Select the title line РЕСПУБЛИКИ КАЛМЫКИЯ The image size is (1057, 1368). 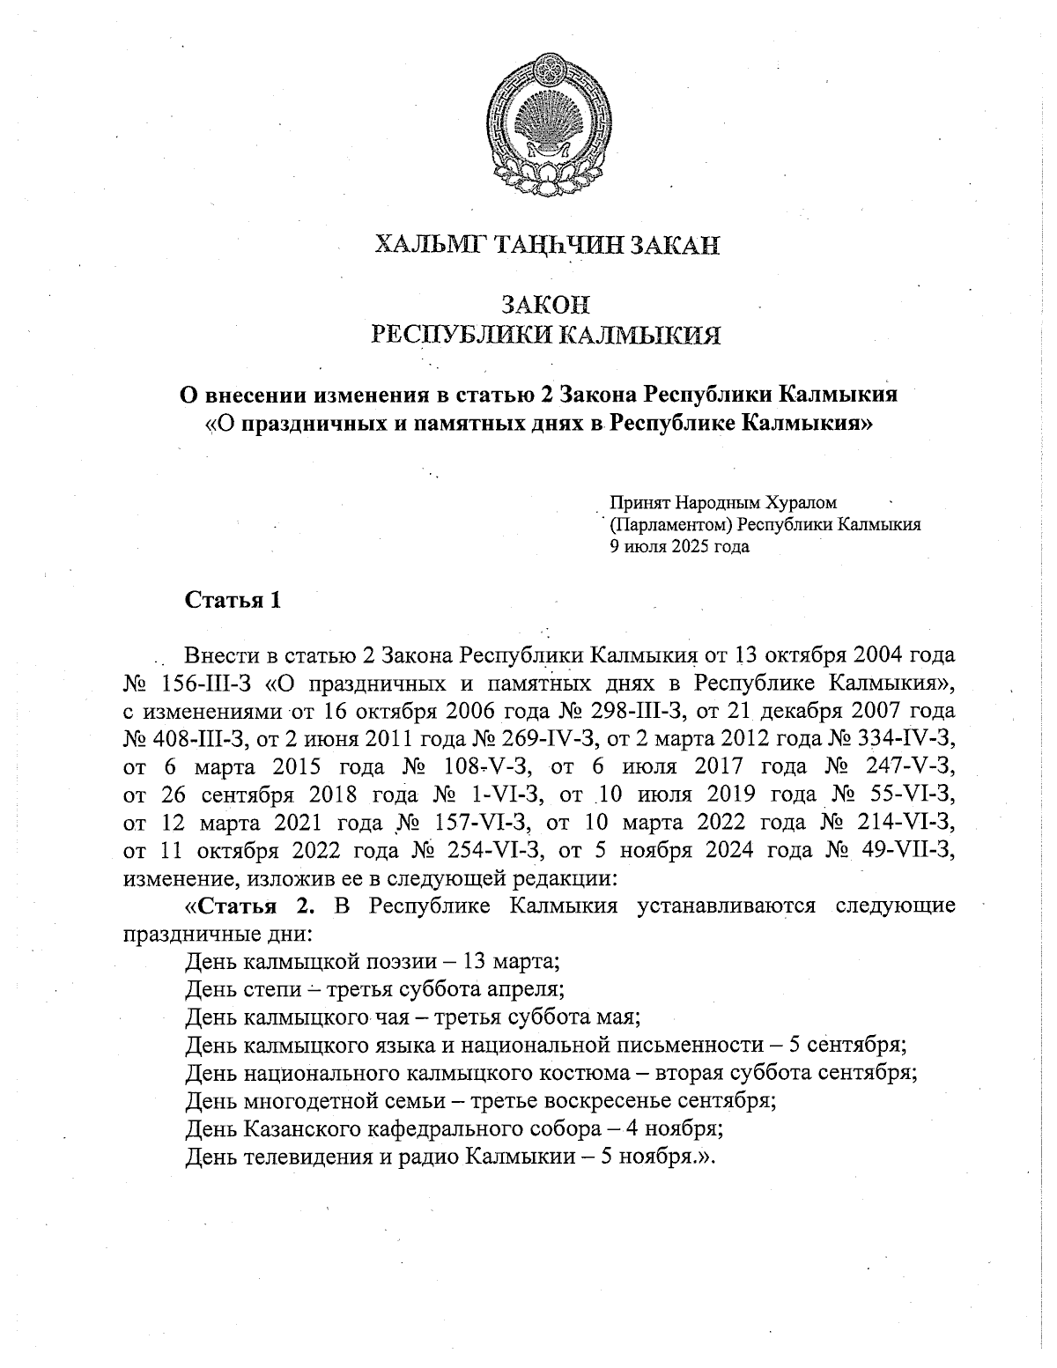547,334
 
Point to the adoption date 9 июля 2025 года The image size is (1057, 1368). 675,546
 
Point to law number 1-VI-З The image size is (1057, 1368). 499,795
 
